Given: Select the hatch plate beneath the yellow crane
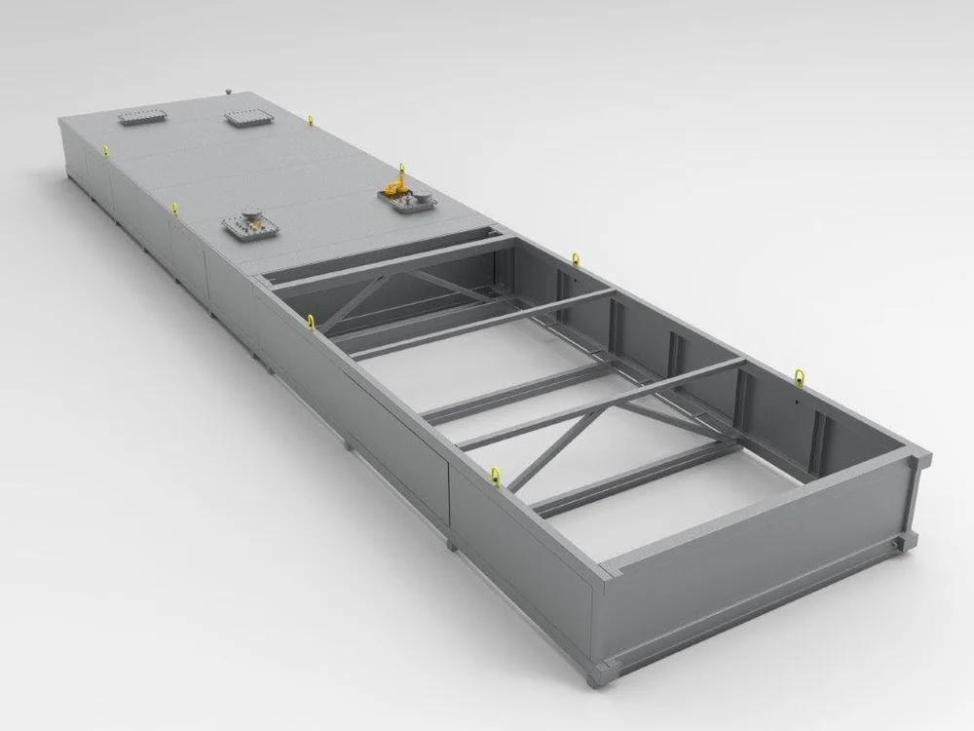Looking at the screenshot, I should click(408, 202).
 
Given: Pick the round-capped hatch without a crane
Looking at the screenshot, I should click(252, 225).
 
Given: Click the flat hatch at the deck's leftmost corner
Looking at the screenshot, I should click(142, 117).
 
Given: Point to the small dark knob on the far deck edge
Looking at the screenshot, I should click(224, 90).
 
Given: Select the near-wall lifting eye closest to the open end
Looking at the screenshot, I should click(495, 474).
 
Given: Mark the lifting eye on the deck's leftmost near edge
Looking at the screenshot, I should click(104, 148).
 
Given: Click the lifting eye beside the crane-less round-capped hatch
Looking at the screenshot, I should click(174, 207).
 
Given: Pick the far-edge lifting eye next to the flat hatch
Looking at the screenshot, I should click(311, 120).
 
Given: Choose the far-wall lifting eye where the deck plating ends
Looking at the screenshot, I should click(576, 257).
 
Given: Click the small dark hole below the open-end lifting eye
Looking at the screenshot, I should click(795, 399).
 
